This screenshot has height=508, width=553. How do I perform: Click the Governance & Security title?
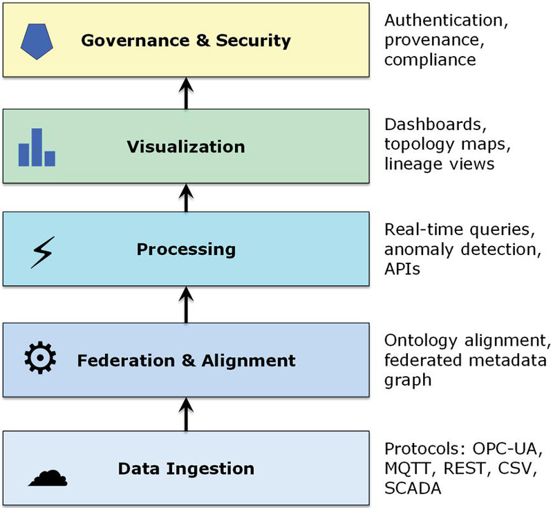coord(186,39)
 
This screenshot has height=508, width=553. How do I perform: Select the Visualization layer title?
coord(186,147)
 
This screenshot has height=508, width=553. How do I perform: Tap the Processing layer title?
coord(186,249)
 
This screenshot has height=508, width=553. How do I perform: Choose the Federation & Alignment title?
coord(186,360)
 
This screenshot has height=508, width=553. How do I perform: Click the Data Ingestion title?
coord(186,469)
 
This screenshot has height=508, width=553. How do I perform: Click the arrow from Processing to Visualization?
coord(186,198)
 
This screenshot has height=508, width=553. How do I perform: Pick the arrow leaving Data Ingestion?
coord(186,413)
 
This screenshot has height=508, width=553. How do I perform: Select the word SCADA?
coord(413,487)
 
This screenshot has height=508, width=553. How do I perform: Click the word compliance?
coord(430,59)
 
